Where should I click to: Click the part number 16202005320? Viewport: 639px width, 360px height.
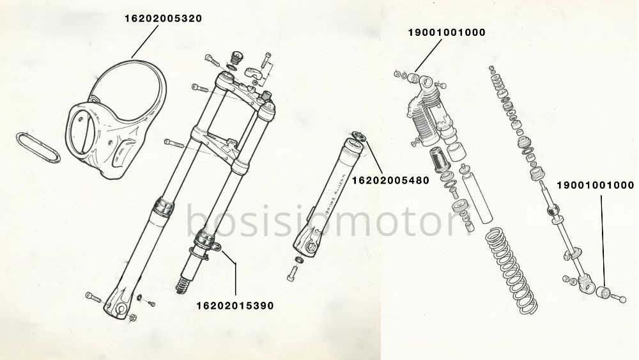click(163, 19)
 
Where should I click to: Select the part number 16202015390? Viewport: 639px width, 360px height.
click(235, 306)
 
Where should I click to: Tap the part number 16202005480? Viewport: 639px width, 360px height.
click(390, 180)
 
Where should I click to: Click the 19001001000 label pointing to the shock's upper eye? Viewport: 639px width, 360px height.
click(447, 32)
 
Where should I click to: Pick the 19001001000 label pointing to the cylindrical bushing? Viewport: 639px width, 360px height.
click(596, 185)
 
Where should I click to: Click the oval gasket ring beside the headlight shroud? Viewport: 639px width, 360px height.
click(38, 147)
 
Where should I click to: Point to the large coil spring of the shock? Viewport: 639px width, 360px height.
click(511, 270)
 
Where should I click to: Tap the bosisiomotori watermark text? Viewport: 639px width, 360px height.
click(329, 221)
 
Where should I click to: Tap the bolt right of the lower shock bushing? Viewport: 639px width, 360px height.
click(618, 299)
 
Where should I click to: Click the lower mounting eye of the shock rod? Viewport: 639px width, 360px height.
click(586, 284)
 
